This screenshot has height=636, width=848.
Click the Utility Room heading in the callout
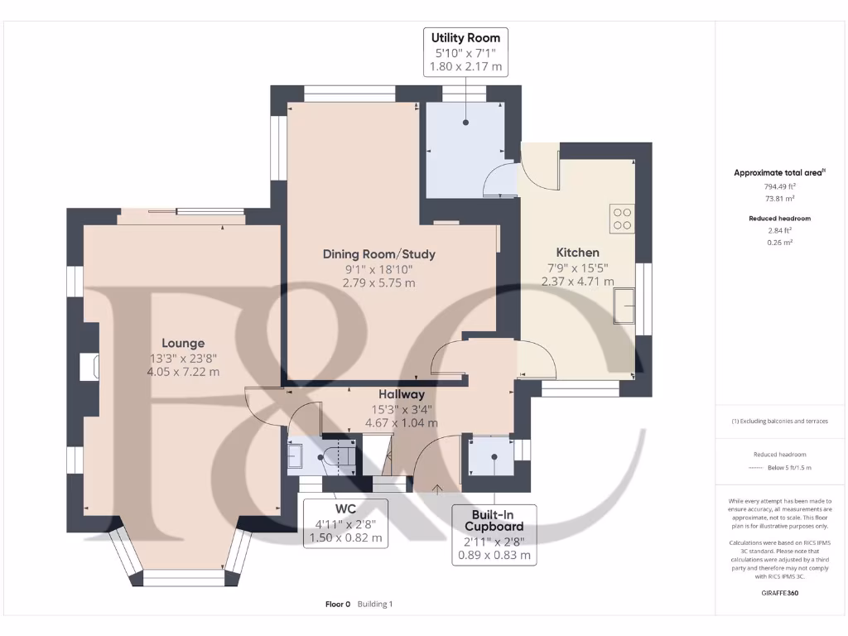pos(465,38)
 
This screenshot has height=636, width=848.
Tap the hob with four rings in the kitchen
pos(622,219)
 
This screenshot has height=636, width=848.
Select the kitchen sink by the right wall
pos(624,306)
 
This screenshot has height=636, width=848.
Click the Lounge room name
pos(183,343)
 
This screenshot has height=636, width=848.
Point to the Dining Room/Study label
pos(379,254)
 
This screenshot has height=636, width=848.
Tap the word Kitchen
pos(577,253)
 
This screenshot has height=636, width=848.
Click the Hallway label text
pos(402,395)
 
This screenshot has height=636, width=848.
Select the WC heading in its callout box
pos(345,509)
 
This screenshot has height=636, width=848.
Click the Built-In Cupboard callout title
pos(494,520)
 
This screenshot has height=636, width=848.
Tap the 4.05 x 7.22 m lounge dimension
pos(183,372)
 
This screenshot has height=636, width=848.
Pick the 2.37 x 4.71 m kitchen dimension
pos(577,282)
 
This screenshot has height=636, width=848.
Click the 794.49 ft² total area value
pos(780,186)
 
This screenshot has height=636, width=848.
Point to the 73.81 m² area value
pos(780,199)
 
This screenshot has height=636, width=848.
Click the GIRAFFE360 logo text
pos(780,593)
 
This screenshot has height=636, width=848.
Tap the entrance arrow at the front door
pos(437,489)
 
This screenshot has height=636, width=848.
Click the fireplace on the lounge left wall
pos(89,367)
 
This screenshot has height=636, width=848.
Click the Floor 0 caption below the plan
pos(338,604)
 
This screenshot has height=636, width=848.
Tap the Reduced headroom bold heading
pos(780,219)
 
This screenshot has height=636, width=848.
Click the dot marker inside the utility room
pos(465,123)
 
